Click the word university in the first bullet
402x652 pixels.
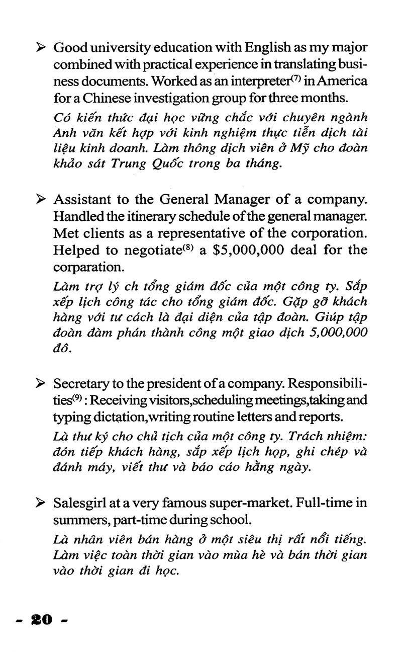pyautogui.click(x=117, y=48)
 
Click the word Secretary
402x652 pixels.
pyautogui.click(x=80, y=384)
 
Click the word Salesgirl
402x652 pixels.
pyautogui.click(x=78, y=503)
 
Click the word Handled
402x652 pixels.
pyautogui.click(x=74, y=216)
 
